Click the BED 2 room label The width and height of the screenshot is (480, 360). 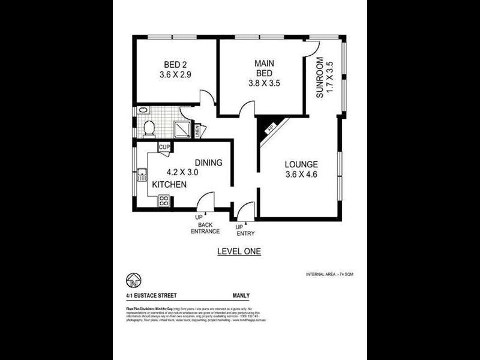[175, 65]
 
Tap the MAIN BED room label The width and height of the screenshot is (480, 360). [264, 68]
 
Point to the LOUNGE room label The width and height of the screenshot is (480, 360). [301, 164]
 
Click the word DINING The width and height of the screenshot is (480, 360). [209, 163]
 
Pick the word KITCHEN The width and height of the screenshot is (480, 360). [168, 185]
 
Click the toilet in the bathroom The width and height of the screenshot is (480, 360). [149, 127]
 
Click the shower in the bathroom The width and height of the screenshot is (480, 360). [182, 129]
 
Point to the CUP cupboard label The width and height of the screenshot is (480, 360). [164, 147]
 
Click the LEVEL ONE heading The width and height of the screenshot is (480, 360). [239, 252]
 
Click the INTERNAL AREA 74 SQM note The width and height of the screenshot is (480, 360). [329, 274]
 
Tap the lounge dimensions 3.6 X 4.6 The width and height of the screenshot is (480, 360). [301, 175]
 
